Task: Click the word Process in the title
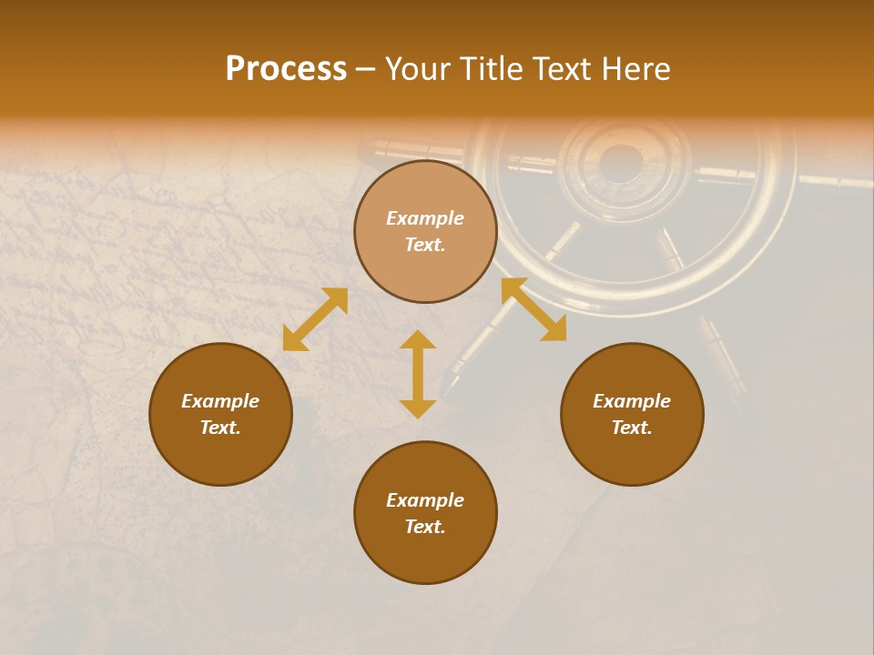pyautogui.click(x=286, y=69)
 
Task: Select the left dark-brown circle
pyautogui.click(x=220, y=446)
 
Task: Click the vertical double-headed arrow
pyautogui.click(x=418, y=374)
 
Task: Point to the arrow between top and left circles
pyautogui.click(x=315, y=319)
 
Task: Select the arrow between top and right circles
pyautogui.click(x=534, y=309)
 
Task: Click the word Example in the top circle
pyautogui.click(x=425, y=218)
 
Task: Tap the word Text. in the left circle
pyautogui.click(x=220, y=428)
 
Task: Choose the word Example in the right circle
pyautogui.click(x=632, y=401)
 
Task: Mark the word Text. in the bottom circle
pyautogui.click(x=425, y=527)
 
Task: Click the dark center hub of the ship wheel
pyautogui.click(x=621, y=162)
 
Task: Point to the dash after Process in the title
pyautogui.click(x=365, y=70)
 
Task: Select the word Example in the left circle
pyautogui.click(x=220, y=401)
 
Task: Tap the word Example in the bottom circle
pyautogui.click(x=425, y=500)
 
